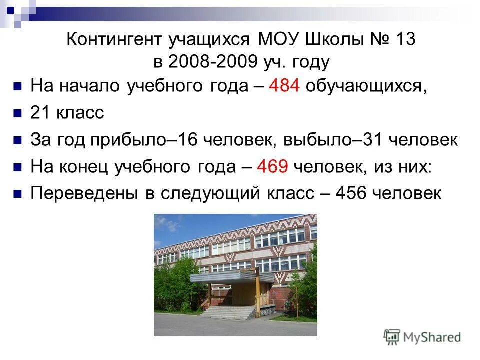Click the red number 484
coord(284,86)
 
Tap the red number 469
coord(272,166)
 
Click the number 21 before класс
coord(39,113)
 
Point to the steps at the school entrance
coord(230,312)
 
